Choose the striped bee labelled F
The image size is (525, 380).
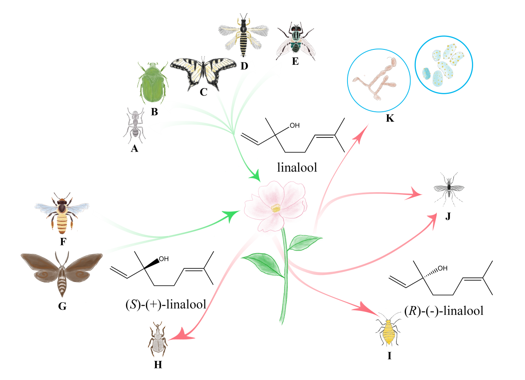[63, 212]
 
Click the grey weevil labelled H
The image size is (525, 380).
[158, 338]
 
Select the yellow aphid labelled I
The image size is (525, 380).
[389, 333]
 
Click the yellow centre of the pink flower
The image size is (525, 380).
[275, 208]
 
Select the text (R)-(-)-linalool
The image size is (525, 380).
[443, 311]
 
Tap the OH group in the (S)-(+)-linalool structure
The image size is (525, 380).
[163, 259]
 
